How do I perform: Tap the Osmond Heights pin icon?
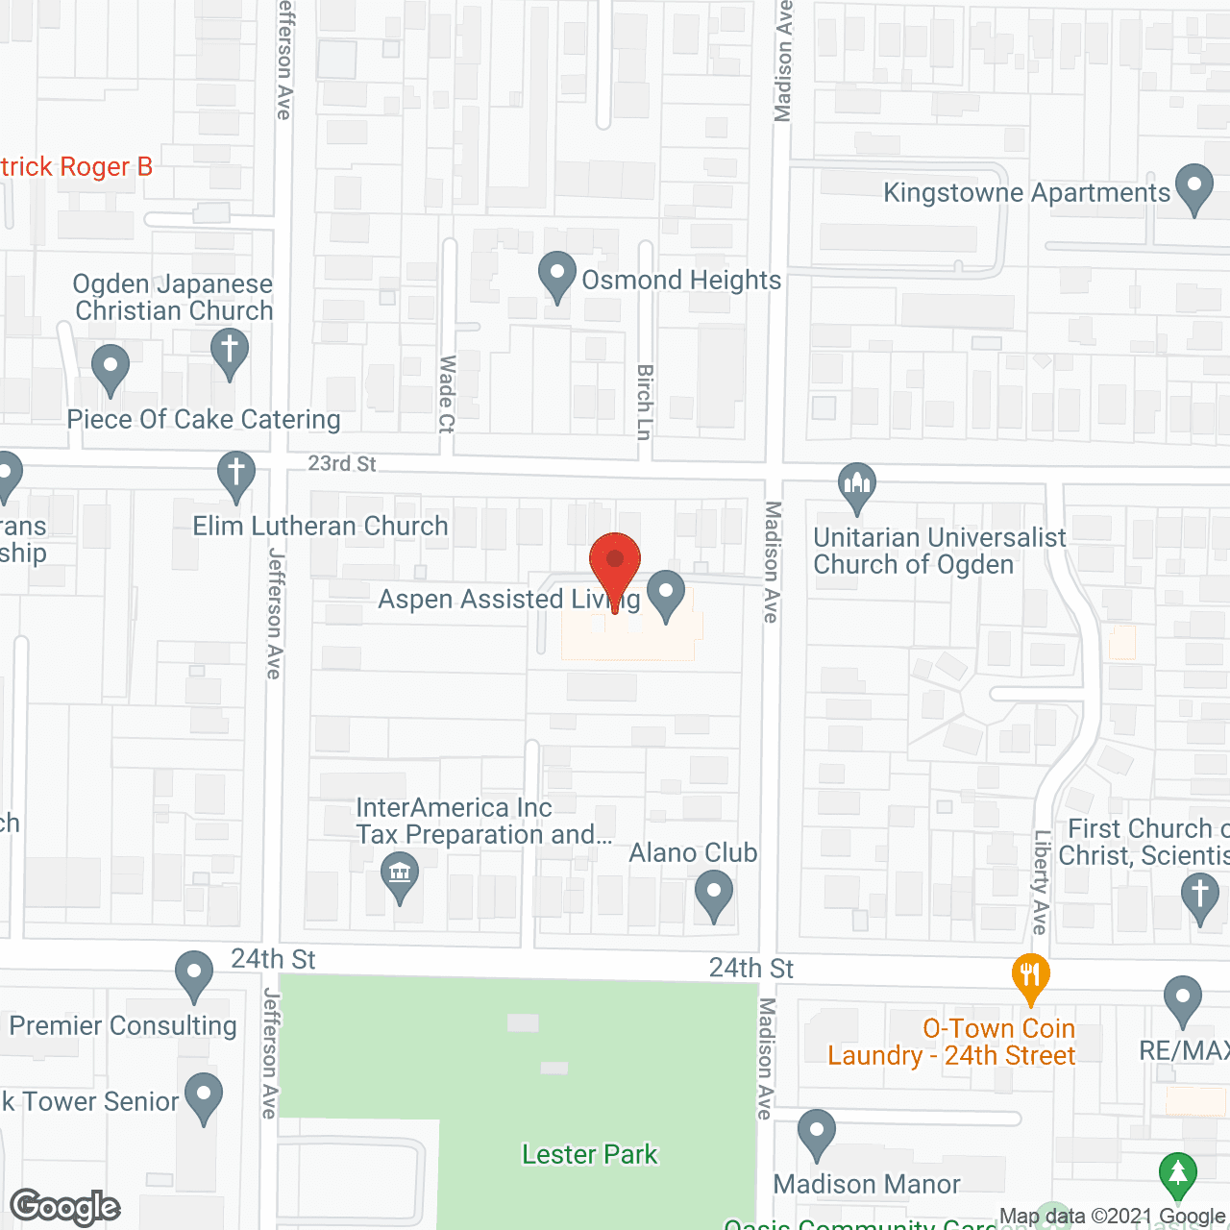pos(556,276)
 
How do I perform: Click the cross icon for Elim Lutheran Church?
pos(235,475)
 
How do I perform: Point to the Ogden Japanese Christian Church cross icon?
pos(229,352)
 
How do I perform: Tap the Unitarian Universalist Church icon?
pos(856,485)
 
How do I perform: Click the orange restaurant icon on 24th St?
pos(1030,975)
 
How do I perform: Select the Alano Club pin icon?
pos(713,893)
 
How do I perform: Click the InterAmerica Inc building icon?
pos(400,875)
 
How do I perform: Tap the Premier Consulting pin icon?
pos(194,973)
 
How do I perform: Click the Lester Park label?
pos(590,1154)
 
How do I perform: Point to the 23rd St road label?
pos(342,463)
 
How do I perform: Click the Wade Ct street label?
pos(447,394)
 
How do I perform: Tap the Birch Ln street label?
pos(645,402)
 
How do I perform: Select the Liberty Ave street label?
pos(1041,882)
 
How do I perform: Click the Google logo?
pos(65,1207)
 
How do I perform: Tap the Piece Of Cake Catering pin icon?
pos(111,367)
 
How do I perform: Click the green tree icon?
pos(1177,1174)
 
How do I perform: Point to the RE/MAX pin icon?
pos(1183,999)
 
